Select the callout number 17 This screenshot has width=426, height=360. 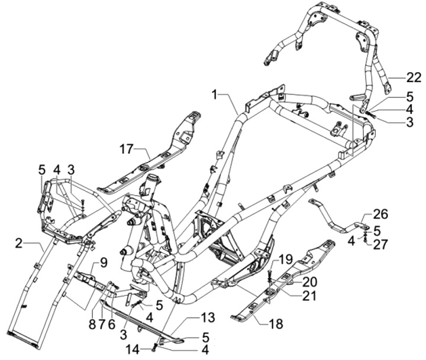[x=127, y=148]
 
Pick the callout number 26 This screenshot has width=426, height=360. [x=380, y=214]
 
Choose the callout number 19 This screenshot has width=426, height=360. [x=286, y=258]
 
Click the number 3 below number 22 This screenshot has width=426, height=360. [x=393, y=121]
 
